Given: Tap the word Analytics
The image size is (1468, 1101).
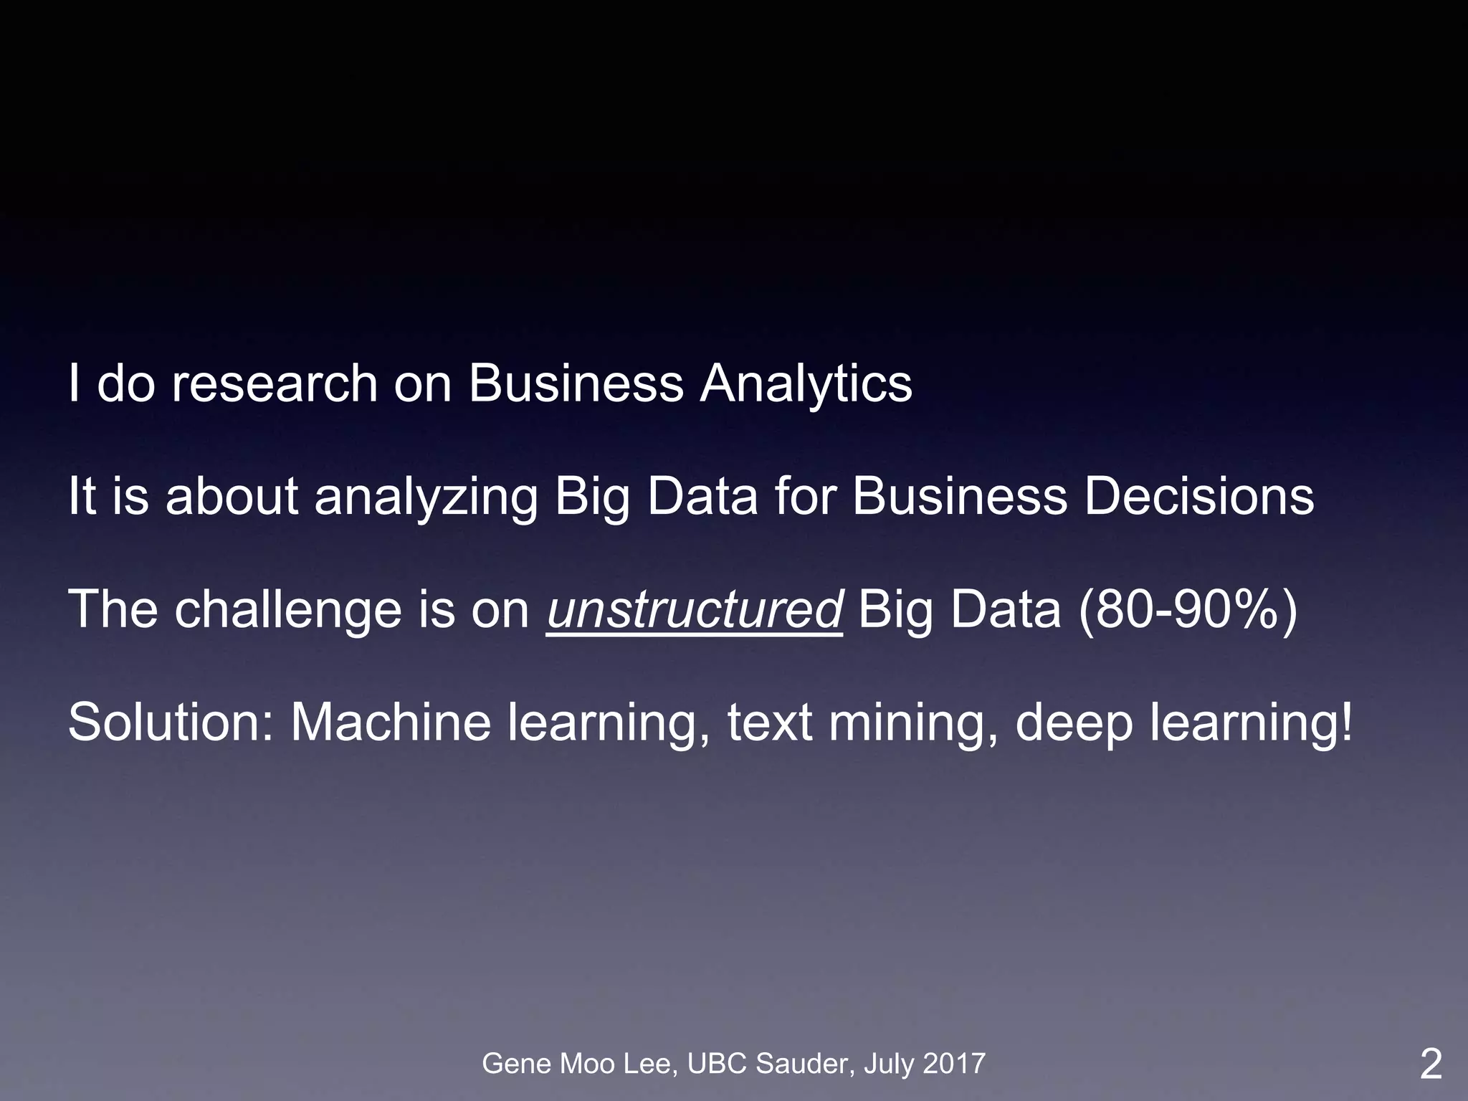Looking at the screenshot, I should coord(806,384).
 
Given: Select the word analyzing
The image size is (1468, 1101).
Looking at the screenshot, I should coord(426,497).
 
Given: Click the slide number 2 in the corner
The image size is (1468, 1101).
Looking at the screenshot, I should coord(1431,1064).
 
